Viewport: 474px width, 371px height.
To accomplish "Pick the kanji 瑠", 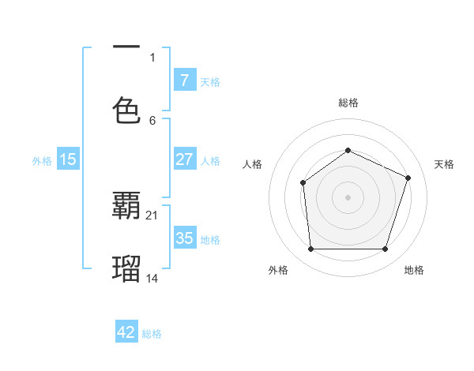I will [x=126, y=269].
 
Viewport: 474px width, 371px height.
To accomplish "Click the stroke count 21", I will [x=153, y=215].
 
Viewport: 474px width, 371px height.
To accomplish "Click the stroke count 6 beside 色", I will [x=153, y=120].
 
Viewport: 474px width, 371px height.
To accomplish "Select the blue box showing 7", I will [x=184, y=80].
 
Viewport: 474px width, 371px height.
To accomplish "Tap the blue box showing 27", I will [x=184, y=159].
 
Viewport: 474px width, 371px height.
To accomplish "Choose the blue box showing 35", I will [x=184, y=238].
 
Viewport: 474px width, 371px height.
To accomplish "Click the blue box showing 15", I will [x=68, y=159].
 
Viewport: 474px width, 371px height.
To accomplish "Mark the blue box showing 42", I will [x=126, y=332].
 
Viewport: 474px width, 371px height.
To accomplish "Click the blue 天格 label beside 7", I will [x=210, y=81].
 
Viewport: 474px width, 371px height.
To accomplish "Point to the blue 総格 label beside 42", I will [x=152, y=334].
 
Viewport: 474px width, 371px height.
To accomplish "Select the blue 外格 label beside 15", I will [x=42, y=161].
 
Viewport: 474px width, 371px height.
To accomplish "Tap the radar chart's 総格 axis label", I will [x=348, y=103].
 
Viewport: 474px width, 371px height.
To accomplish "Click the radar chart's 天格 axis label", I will [x=444, y=164].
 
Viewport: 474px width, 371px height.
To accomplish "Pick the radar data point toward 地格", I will [x=386, y=249].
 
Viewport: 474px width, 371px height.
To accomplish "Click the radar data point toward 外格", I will [x=310, y=249].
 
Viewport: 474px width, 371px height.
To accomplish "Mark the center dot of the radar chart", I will [x=348, y=197].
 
